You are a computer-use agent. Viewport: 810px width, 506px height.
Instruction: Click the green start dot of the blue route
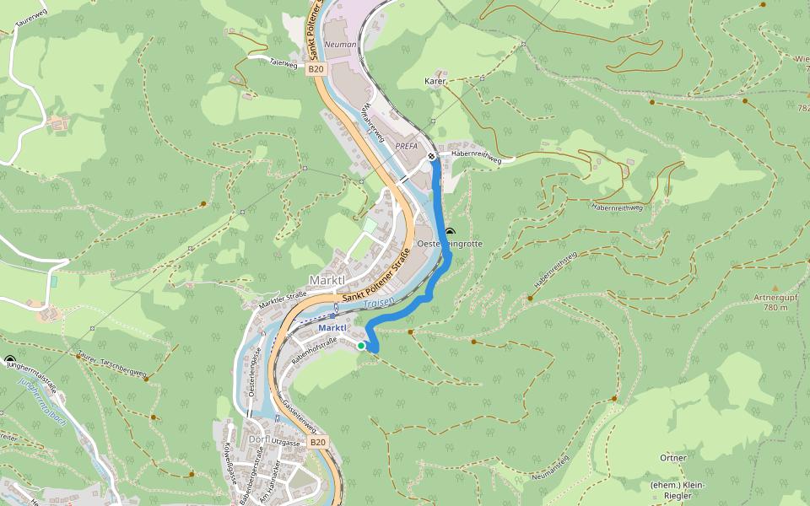click(361, 346)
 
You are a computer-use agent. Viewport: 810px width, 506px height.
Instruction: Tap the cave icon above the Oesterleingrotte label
click(450, 231)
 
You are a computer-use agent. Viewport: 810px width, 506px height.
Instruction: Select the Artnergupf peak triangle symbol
click(775, 288)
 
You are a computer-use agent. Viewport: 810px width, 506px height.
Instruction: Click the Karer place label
click(435, 82)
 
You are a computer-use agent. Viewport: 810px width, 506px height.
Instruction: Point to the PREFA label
click(407, 146)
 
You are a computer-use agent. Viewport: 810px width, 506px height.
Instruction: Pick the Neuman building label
click(341, 44)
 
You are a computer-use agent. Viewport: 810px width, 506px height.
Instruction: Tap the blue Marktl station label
click(332, 327)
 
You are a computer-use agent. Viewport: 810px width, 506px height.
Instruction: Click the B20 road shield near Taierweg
click(316, 69)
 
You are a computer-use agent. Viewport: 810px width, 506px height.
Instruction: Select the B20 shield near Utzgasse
click(317, 442)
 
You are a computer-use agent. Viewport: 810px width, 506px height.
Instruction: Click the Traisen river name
click(380, 303)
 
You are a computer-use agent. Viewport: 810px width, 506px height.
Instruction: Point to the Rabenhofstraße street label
click(315, 350)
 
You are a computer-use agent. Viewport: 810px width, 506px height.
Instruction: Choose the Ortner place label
click(674, 458)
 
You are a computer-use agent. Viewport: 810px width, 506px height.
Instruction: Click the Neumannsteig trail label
click(552, 467)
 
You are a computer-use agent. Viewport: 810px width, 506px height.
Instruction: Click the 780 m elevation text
click(775, 308)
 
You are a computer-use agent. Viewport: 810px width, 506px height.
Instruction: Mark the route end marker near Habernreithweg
click(431, 156)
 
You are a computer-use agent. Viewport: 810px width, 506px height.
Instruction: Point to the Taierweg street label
click(283, 62)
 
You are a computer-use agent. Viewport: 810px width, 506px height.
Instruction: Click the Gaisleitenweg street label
click(300, 413)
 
